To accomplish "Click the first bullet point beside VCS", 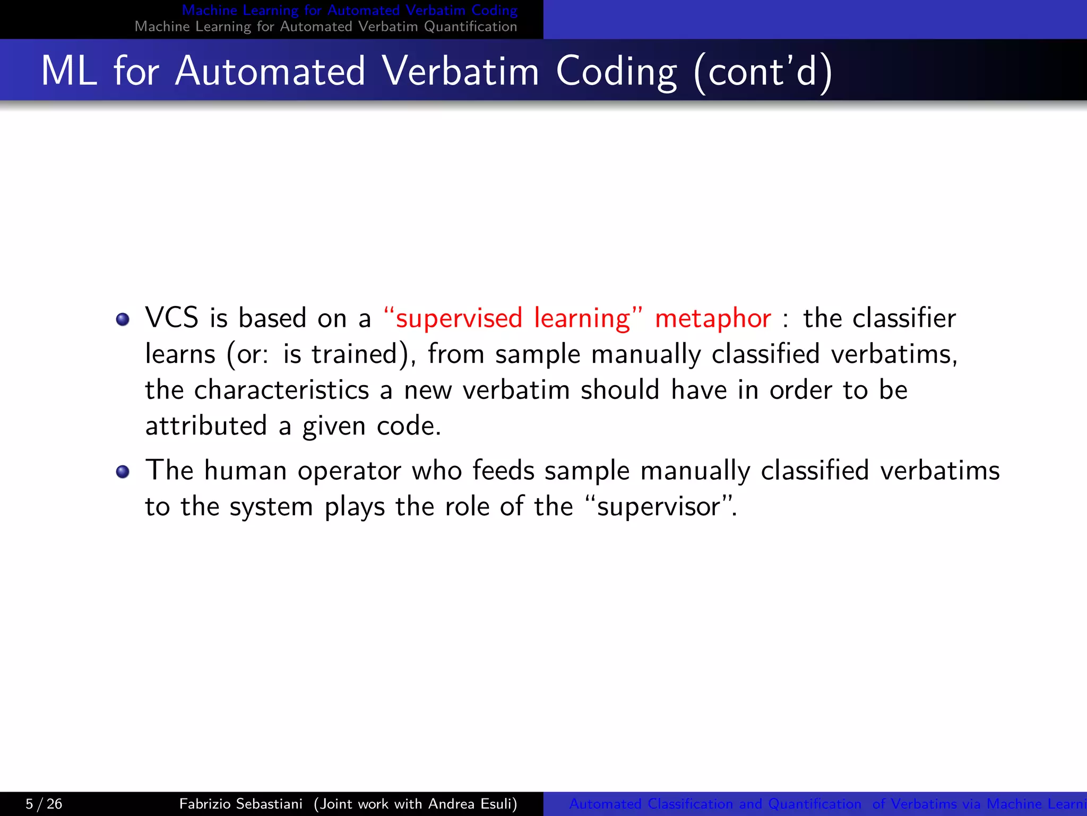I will [x=123, y=319].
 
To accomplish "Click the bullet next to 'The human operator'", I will [x=123, y=472].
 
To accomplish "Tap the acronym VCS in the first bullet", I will [x=171, y=318].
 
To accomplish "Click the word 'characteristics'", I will [x=281, y=390].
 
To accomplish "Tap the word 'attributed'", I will [x=206, y=426].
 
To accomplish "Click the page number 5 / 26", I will [x=44, y=804].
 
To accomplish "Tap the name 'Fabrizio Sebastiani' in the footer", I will [x=240, y=804].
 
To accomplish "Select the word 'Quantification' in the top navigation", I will [x=470, y=27].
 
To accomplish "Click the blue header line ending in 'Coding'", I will [x=349, y=10].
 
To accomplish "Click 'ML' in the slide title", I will [x=69, y=71].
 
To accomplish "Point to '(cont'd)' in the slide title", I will [x=762, y=71].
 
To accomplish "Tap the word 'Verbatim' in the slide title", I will [x=460, y=71].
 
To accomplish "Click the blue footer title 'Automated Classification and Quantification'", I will [x=714, y=804].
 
